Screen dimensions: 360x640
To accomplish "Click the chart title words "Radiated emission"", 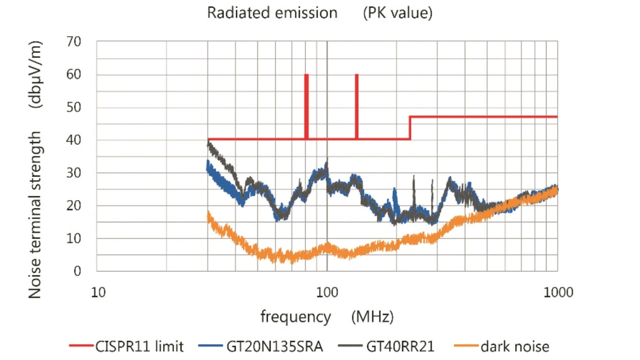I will tap(272, 13).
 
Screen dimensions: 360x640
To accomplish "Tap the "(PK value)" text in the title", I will tap(397, 13).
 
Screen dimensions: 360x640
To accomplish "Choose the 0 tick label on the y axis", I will tap(77, 271).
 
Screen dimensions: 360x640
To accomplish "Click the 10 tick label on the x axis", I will tap(98, 291).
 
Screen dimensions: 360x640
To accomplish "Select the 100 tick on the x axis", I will tap(327, 291).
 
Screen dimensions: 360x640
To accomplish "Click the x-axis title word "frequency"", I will tap(295, 317).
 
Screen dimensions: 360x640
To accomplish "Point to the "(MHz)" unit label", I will tap(372, 317).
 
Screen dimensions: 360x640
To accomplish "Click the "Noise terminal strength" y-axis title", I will tap(35, 215).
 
